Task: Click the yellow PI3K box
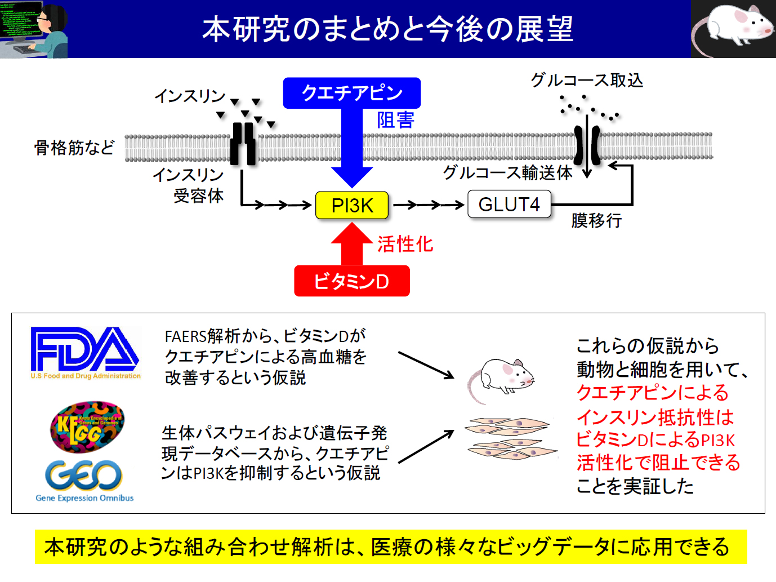coord(352,205)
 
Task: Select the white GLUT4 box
coord(509,204)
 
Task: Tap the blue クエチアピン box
coord(352,93)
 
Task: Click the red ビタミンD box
coord(352,281)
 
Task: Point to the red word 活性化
coord(405,244)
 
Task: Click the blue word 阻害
coord(396,120)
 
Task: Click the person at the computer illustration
coord(34,29)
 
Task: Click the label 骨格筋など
coord(74,148)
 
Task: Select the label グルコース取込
coord(587,80)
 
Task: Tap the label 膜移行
coord(596,220)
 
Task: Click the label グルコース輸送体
coord(508,172)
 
